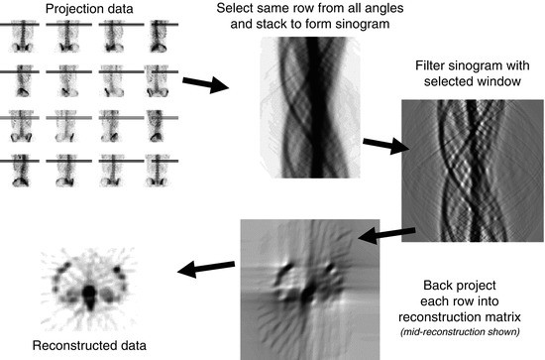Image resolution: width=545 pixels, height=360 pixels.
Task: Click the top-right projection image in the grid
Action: (x=157, y=37)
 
